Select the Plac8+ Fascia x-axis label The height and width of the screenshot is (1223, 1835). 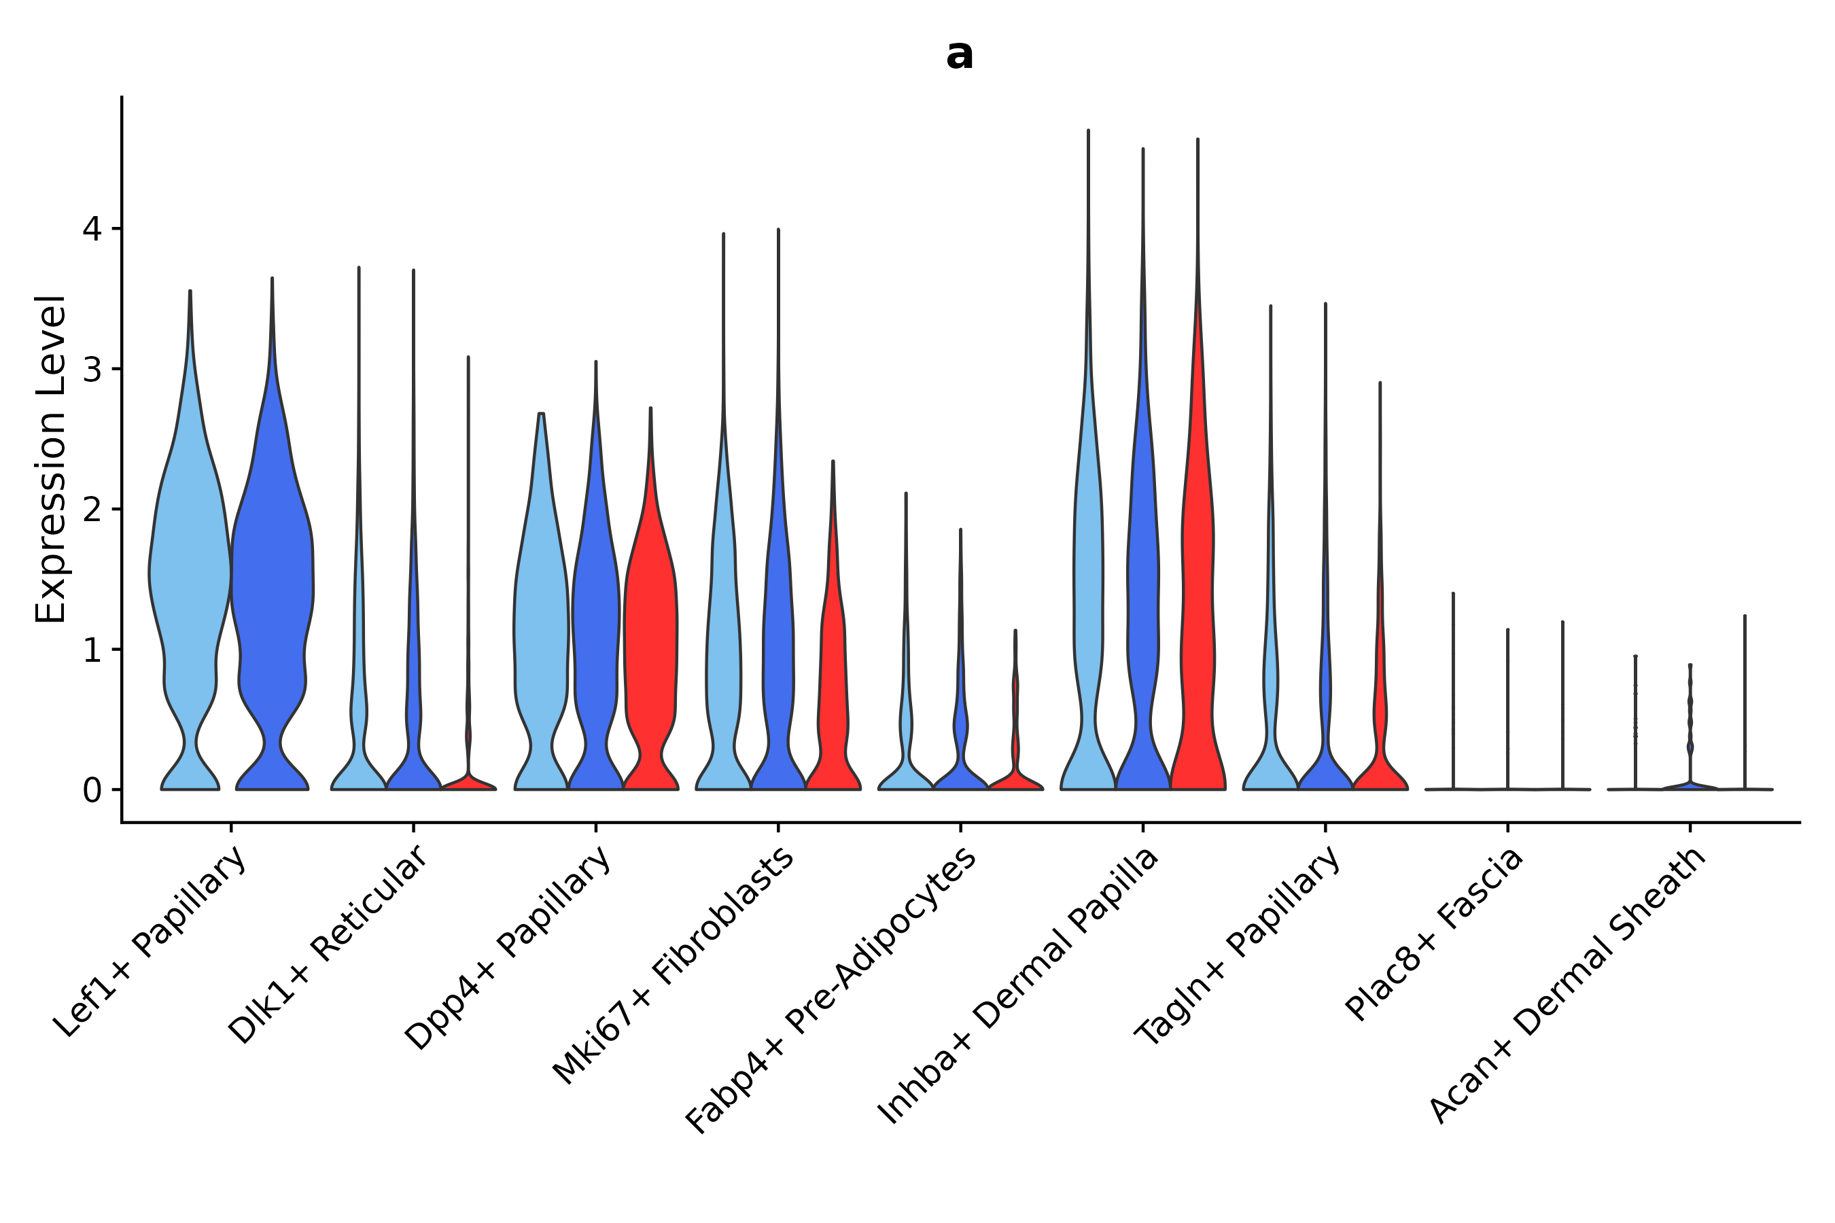[1433, 934]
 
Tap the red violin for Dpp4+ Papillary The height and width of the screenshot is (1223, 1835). [650, 624]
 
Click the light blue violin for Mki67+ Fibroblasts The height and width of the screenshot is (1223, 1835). [723, 624]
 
